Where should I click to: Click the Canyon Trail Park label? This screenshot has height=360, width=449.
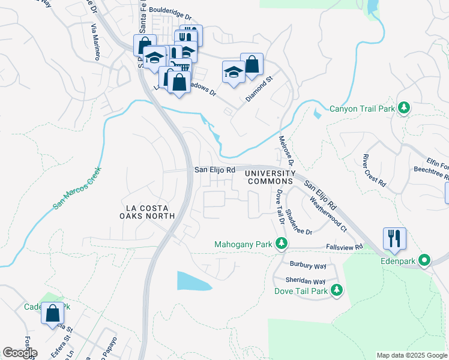pyautogui.click(x=362, y=109)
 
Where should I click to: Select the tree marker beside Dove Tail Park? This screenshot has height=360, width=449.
pyautogui.click(x=337, y=290)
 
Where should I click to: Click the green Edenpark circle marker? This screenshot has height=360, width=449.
pyautogui.click(x=425, y=260)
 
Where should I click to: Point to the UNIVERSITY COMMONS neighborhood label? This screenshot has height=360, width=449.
pyautogui.click(x=270, y=177)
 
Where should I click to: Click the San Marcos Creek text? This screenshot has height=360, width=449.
pyautogui.click(x=77, y=187)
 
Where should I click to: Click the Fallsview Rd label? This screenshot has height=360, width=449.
pyautogui.click(x=343, y=247)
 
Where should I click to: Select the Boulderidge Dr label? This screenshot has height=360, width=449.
pyautogui.click(x=170, y=10)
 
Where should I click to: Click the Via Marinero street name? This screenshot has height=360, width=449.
pyautogui.click(x=95, y=43)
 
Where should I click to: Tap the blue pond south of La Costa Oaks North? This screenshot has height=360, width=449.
pyautogui.click(x=193, y=281)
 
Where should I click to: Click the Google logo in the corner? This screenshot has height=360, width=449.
pyautogui.click(x=19, y=353)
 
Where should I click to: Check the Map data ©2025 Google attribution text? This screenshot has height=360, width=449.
pyautogui.click(x=412, y=355)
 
